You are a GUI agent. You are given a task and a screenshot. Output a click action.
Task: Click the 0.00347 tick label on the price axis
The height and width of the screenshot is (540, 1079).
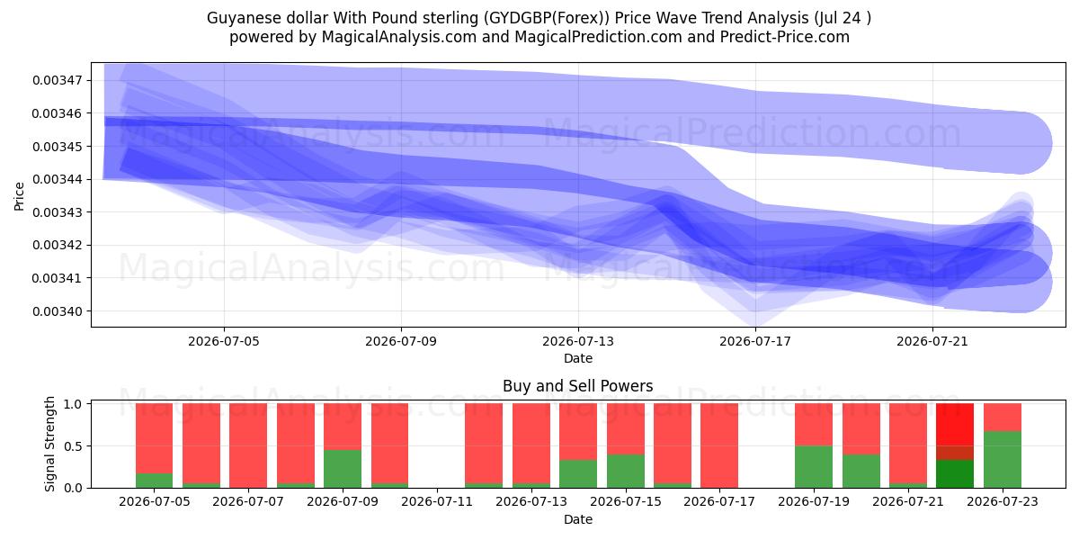pos(58,80)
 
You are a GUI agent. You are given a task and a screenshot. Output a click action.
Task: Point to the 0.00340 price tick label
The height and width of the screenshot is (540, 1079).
pos(58,311)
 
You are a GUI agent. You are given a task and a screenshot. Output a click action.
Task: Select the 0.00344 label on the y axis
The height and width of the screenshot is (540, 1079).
pos(58,179)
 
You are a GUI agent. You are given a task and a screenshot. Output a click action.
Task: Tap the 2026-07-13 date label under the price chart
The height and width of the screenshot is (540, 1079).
pos(578,341)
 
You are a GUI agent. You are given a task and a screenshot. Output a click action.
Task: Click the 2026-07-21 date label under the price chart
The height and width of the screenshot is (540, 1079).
pos(932,341)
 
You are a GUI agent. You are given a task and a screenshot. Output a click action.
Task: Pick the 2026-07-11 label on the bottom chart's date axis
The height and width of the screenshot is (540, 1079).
pos(437,502)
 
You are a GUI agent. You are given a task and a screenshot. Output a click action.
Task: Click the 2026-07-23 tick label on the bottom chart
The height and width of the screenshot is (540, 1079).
pos(1003,502)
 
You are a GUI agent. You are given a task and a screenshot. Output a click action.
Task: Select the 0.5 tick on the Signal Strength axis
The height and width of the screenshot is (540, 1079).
pos(74,446)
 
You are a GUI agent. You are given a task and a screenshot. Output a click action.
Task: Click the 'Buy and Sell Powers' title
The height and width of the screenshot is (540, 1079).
pos(578,386)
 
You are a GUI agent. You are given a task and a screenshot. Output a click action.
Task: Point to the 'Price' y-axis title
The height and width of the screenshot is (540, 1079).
pos(19,196)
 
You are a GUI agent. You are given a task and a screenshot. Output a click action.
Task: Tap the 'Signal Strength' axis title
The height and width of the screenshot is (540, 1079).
pos(49,445)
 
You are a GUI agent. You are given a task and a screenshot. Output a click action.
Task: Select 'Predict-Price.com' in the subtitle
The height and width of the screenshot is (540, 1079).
pos(785,37)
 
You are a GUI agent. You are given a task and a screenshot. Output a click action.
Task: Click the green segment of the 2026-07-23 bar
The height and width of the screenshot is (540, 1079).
pos(1003,460)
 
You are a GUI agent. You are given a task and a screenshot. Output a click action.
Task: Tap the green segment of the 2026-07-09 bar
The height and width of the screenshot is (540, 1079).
pos(343,469)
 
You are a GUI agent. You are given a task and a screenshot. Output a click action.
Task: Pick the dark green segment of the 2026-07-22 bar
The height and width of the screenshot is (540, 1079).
pos(955,474)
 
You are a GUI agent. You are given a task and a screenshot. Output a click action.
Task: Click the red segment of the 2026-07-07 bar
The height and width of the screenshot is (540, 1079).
pos(248,445)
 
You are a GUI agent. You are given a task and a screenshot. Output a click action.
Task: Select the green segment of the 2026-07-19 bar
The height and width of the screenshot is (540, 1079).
pos(814,467)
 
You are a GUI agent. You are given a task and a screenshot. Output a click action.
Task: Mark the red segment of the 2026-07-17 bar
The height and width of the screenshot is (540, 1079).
pos(719,445)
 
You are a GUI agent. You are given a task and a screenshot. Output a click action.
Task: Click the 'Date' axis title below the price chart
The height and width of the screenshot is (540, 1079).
pos(578,359)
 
